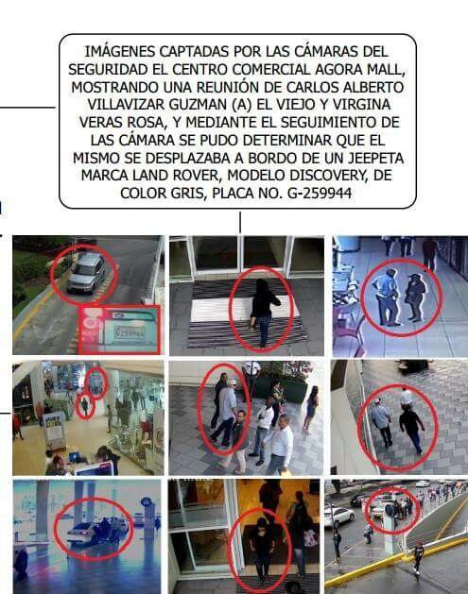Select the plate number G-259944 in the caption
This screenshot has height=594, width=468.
tap(320, 194)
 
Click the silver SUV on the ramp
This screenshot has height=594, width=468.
tap(87, 273)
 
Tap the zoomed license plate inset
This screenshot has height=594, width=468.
tap(119, 330)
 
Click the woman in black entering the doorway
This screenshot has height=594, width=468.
tap(264, 313)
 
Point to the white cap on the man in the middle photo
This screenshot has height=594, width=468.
tap(232, 382)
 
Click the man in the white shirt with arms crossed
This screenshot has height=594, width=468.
tap(263, 430)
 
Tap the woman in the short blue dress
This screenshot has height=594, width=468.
tap(311, 409)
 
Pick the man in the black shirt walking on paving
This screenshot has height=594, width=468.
tap(412, 428)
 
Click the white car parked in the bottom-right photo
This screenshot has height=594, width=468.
tap(339, 516)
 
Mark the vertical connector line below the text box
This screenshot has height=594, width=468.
tap(240, 222)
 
